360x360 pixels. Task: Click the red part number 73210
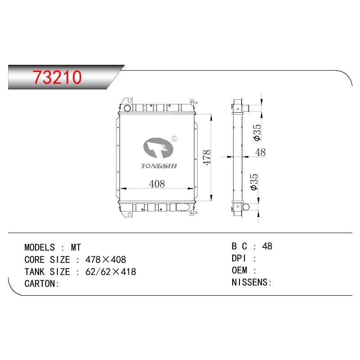click(57, 77)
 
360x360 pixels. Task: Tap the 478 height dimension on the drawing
click(207, 157)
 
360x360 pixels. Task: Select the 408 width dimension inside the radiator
click(157, 184)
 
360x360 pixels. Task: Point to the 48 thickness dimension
click(261, 152)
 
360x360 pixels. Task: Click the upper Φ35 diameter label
click(257, 132)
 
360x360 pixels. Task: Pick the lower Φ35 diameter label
click(254, 182)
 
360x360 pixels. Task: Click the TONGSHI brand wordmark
click(159, 166)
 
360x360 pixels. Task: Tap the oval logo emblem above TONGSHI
click(158, 148)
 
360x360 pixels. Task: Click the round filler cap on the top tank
click(127, 108)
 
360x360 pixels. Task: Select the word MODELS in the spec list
click(40, 247)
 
